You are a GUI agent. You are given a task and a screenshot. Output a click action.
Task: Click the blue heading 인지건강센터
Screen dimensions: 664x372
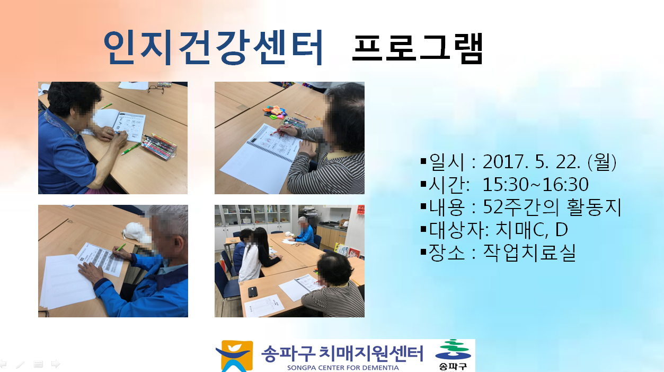tap(213, 48)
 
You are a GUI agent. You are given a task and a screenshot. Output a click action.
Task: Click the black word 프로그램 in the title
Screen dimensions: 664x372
tap(418, 49)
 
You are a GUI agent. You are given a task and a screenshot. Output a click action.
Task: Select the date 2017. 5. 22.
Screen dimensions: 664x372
tap(531, 162)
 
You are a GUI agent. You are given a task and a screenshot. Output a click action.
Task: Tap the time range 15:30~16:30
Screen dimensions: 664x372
tap(535, 184)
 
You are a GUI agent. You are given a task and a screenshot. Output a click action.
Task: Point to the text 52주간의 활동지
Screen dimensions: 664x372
tap(552, 207)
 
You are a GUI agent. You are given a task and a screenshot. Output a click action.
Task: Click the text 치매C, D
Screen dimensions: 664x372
tap(532, 230)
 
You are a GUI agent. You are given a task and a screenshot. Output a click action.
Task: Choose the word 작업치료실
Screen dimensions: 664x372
tap(529, 253)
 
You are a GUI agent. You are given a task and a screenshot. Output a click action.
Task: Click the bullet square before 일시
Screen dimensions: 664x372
tap(423, 161)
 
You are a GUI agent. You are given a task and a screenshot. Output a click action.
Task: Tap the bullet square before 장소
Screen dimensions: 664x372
tap(423, 252)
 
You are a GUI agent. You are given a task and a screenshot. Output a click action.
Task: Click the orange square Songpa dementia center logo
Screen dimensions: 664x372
tap(234, 356)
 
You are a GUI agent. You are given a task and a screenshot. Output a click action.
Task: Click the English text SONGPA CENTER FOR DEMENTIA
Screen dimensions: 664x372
tap(343, 368)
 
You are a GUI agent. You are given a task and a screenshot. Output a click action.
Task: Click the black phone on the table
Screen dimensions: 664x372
tap(252, 292)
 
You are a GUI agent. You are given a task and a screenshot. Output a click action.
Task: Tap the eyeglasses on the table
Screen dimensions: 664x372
tap(156, 89)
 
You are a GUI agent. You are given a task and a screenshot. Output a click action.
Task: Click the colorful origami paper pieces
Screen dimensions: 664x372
tap(275, 113)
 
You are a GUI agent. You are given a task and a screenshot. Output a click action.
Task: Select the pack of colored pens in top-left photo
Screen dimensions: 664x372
tap(159, 146)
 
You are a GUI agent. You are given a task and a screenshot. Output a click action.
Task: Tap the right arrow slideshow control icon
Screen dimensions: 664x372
tap(56, 364)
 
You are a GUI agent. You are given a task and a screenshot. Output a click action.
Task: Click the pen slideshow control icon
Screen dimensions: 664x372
tap(20, 364)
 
